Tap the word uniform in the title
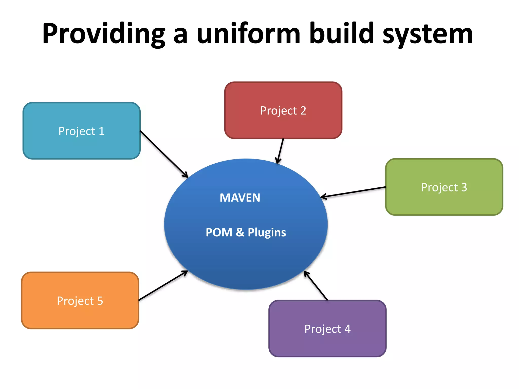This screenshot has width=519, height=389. pos(248,33)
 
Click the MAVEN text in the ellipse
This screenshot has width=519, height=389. pos(240,198)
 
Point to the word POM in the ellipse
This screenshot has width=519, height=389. pos(219,232)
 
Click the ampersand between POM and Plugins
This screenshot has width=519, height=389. pos(240,232)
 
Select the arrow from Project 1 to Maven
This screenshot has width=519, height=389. pos(164,154)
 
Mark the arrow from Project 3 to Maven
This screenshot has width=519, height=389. pos(353,192)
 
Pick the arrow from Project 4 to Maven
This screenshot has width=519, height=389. pos(316,286)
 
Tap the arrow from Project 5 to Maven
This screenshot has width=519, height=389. pos(163,286)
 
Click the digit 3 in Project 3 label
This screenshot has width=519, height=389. pos(464,187)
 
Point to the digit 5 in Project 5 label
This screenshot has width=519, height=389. pos(100,301)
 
